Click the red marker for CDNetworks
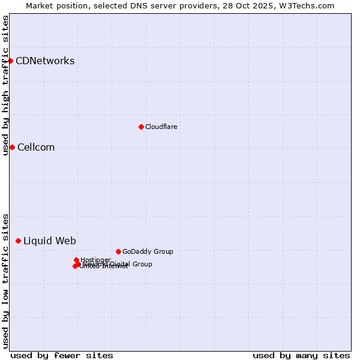[x=10, y=61]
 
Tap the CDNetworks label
[x=45, y=61]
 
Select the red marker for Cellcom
[x=12, y=147]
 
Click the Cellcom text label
[x=36, y=148]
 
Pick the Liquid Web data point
[x=18, y=241]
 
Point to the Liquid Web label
[x=50, y=241]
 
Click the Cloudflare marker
[x=141, y=127]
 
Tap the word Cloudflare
[x=161, y=127]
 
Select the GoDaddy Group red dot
[x=118, y=251]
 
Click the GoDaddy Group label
[x=148, y=251]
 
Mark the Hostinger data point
[x=76, y=260]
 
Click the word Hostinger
[x=96, y=260]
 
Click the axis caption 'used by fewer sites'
[x=62, y=355]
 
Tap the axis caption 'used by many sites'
[x=301, y=355]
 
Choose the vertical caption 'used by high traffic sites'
[x=5, y=85]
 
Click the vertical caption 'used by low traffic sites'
[x=5, y=280]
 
